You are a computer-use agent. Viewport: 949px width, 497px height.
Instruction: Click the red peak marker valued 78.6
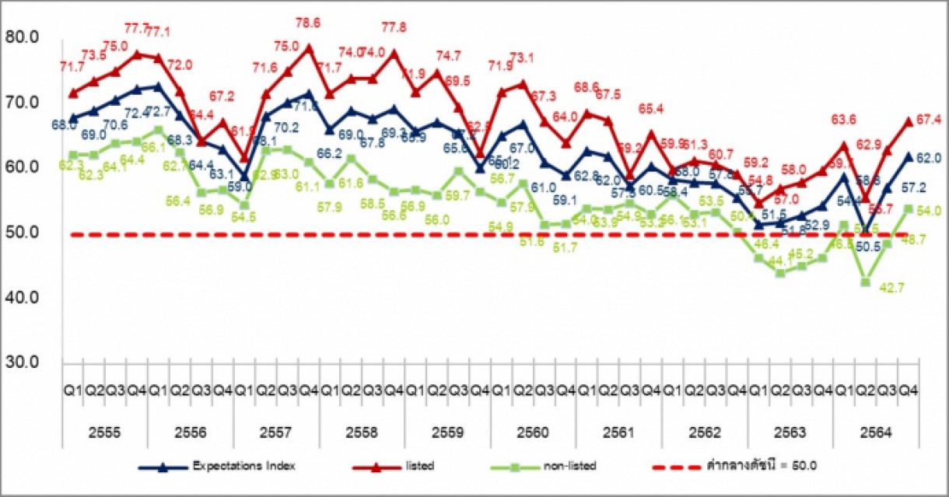tap(309, 47)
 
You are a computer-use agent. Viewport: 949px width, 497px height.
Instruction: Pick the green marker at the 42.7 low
tap(864, 282)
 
